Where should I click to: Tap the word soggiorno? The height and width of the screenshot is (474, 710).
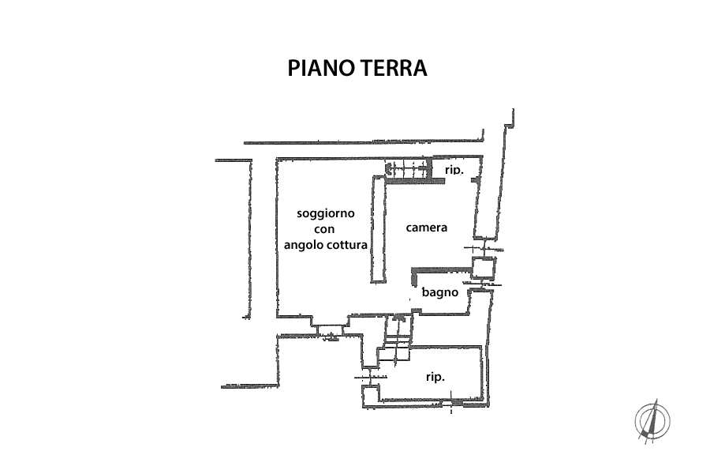tap(326, 213)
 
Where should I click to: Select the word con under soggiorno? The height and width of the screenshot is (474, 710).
tap(325, 229)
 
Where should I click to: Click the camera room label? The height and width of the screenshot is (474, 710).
tap(427, 228)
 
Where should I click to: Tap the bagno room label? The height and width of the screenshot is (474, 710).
tap(439, 292)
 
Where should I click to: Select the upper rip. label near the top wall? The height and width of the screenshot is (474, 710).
tap(453, 170)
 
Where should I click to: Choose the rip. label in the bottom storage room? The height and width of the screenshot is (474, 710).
tap(435, 377)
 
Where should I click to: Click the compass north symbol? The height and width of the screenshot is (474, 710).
tap(652, 419)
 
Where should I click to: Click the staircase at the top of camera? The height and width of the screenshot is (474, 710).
tap(408, 167)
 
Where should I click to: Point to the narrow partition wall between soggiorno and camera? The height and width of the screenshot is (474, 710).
tap(378, 229)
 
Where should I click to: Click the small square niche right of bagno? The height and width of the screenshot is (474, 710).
tap(482, 267)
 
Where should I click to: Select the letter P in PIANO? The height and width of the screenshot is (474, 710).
tap(293, 68)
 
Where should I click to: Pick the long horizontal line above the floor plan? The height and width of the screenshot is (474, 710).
tap(363, 142)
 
